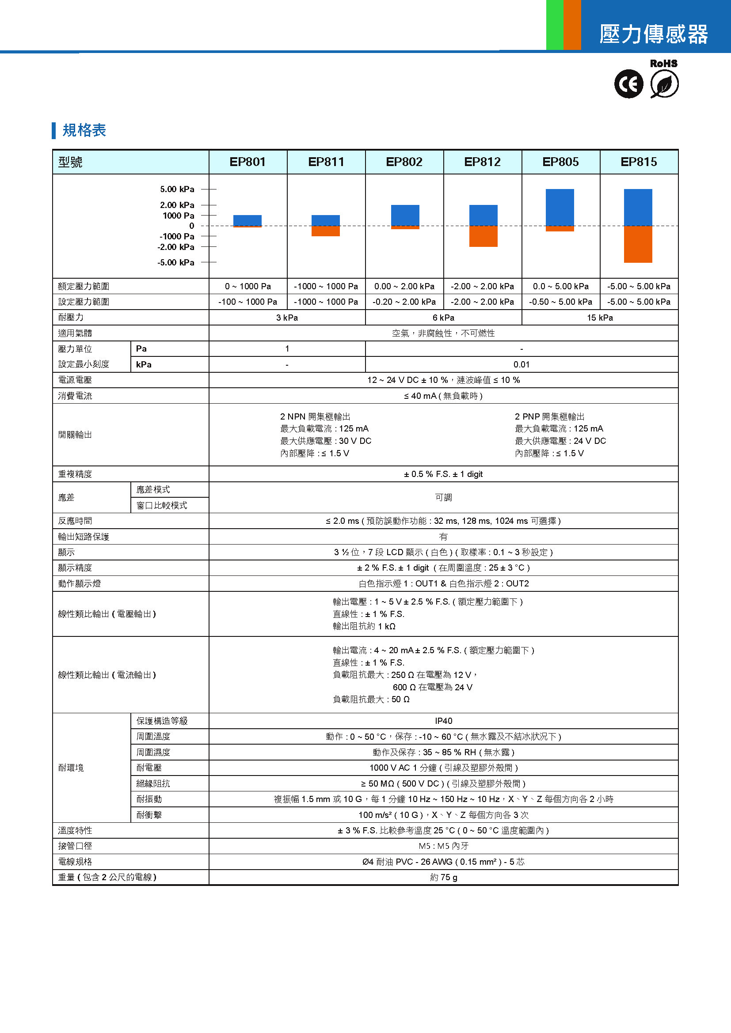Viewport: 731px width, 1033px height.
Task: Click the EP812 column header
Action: (482, 162)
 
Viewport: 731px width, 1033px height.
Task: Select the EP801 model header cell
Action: (247, 162)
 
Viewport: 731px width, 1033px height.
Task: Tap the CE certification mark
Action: (628, 84)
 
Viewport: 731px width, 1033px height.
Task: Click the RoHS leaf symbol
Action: (664, 84)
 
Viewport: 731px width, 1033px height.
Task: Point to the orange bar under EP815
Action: (638, 244)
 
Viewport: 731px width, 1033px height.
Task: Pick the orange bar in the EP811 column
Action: (325, 231)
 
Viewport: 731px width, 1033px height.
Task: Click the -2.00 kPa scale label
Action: (176, 247)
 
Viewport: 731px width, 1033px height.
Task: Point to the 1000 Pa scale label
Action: (178, 216)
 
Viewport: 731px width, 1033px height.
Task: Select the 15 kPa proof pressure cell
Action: (600, 318)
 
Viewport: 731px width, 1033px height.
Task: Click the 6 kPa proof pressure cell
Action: (443, 318)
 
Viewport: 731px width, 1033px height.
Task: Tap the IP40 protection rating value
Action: (443, 721)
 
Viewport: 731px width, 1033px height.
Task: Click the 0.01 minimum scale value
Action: (521, 364)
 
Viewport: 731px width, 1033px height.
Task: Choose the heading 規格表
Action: (84, 130)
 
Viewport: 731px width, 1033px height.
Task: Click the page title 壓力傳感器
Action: (653, 34)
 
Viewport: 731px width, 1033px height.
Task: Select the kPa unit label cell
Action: (144, 364)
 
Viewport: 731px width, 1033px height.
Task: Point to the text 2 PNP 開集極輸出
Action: (550, 416)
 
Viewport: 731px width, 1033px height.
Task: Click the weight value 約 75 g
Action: (443, 878)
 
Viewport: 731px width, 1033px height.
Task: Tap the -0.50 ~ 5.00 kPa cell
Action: (560, 302)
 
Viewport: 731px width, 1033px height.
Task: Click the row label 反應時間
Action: (75, 521)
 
